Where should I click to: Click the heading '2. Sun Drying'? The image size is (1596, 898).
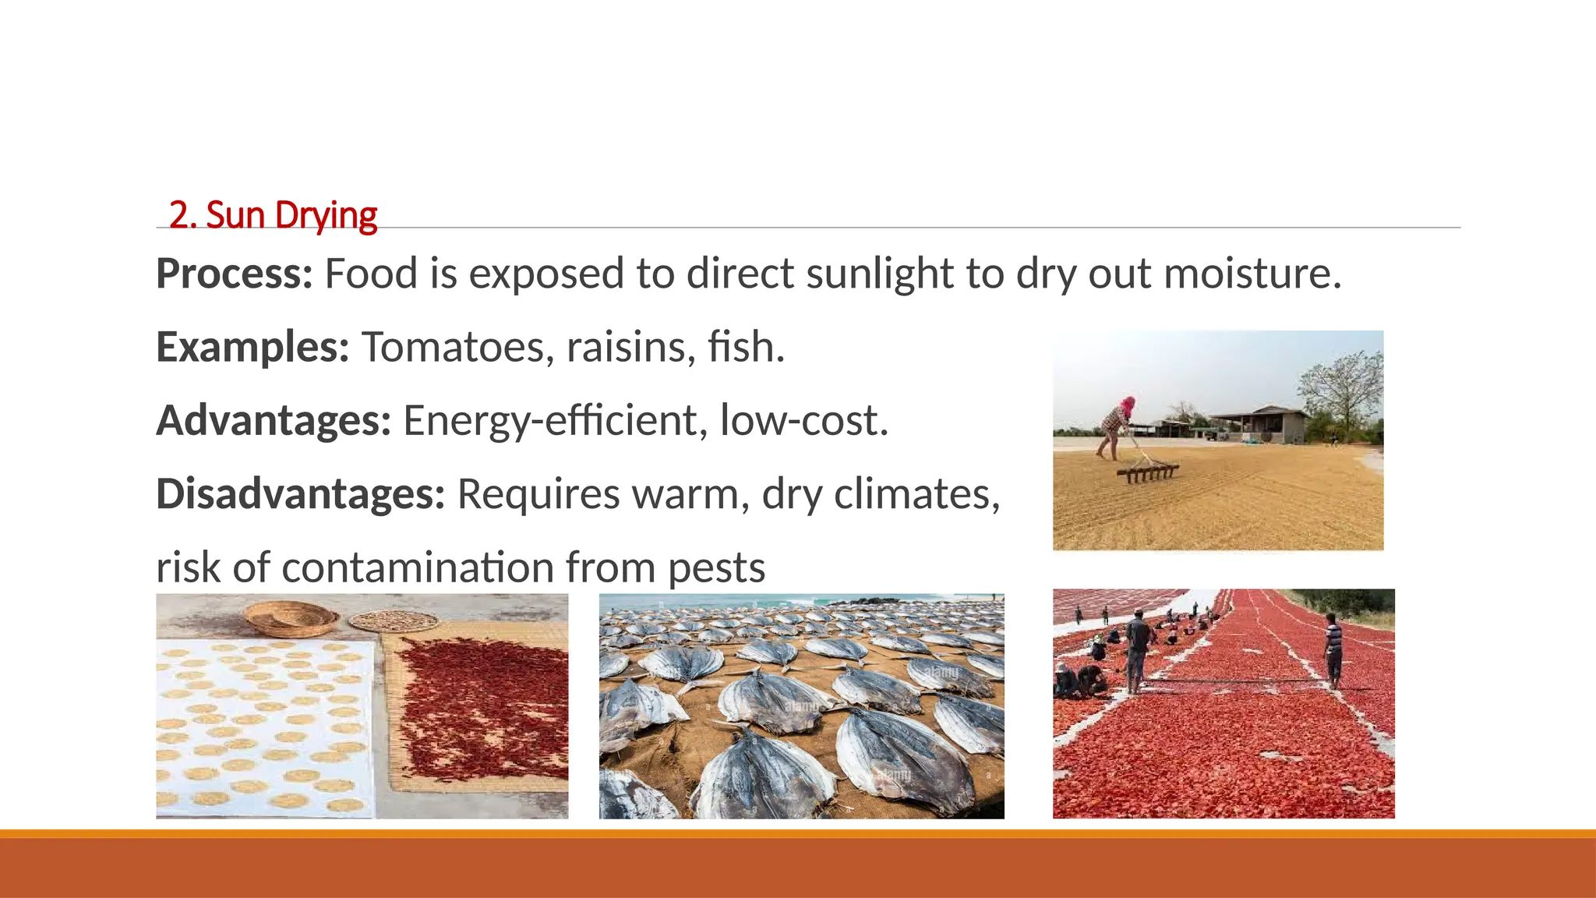pyautogui.click(x=273, y=215)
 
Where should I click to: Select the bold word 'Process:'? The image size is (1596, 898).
pyautogui.click(x=234, y=274)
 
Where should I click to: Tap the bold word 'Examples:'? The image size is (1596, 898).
pyautogui.click(x=252, y=347)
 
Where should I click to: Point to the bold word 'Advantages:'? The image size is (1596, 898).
pyautogui.click(x=274, y=420)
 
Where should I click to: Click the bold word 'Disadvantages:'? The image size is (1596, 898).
pyautogui.click(x=300, y=493)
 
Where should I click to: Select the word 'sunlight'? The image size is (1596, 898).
pyautogui.click(x=879, y=274)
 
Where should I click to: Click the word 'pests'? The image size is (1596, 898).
pyautogui.click(x=716, y=568)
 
